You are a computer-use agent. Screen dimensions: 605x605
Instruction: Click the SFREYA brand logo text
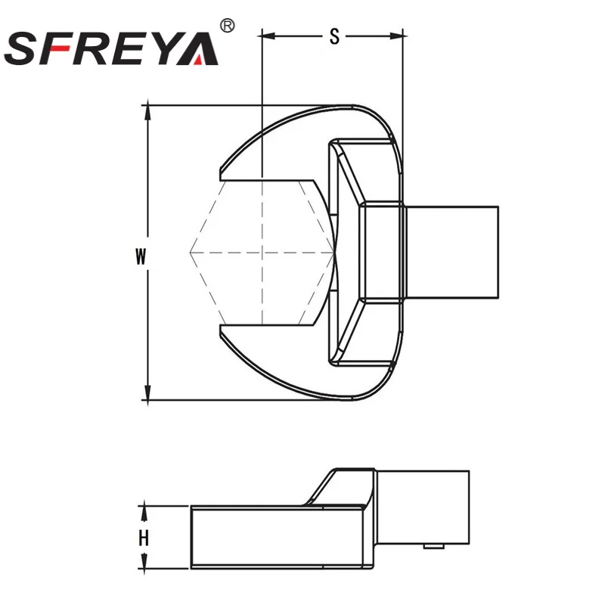[111, 47]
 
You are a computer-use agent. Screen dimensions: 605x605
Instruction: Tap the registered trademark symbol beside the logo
[225, 26]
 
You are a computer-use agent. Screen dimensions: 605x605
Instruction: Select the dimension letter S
[334, 36]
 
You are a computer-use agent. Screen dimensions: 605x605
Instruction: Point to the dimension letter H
[142, 538]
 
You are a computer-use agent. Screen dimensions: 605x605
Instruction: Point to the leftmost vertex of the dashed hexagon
[190, 252]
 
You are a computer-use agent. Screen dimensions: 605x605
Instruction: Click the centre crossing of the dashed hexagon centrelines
[261, 252]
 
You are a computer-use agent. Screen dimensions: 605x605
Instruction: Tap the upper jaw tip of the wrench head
[221, 171]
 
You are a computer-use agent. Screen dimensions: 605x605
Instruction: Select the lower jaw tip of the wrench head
[221, 333]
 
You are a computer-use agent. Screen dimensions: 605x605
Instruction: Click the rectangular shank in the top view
[452, 252]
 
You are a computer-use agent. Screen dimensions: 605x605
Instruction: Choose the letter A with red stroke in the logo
[199, 48]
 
